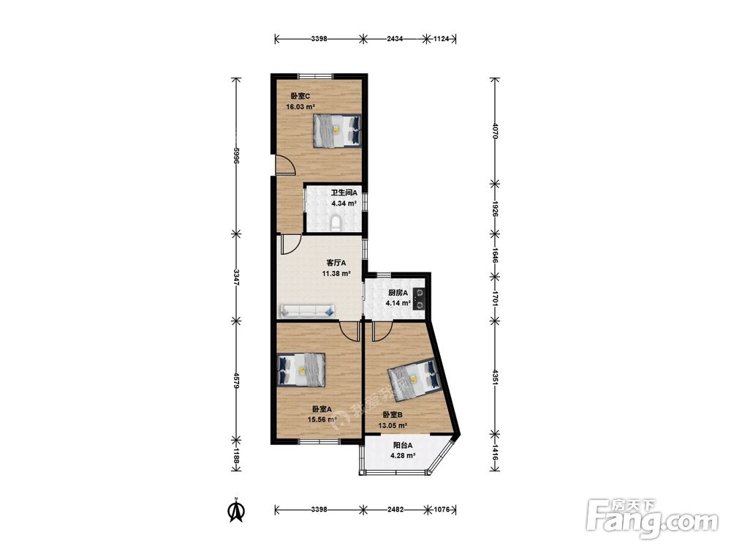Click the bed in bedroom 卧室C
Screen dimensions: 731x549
click(x=337, y=131)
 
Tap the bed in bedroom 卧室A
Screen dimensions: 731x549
click(x=301, y=369)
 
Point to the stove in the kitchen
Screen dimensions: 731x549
click(x=419, y=299)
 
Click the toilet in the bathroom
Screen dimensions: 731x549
click(x=336, y=224)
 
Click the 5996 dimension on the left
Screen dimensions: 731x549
click(x=237, y=155)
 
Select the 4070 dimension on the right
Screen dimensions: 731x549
click(x=495, y=129)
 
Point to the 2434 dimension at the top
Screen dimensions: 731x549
click(x=395, y=40)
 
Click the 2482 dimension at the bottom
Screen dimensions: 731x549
click(x=395, y=509)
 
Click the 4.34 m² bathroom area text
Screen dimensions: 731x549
click(x=344, y=203)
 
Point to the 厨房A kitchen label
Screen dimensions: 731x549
click(x=398, y=293)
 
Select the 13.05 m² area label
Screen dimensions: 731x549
click(x=393, y=425)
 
